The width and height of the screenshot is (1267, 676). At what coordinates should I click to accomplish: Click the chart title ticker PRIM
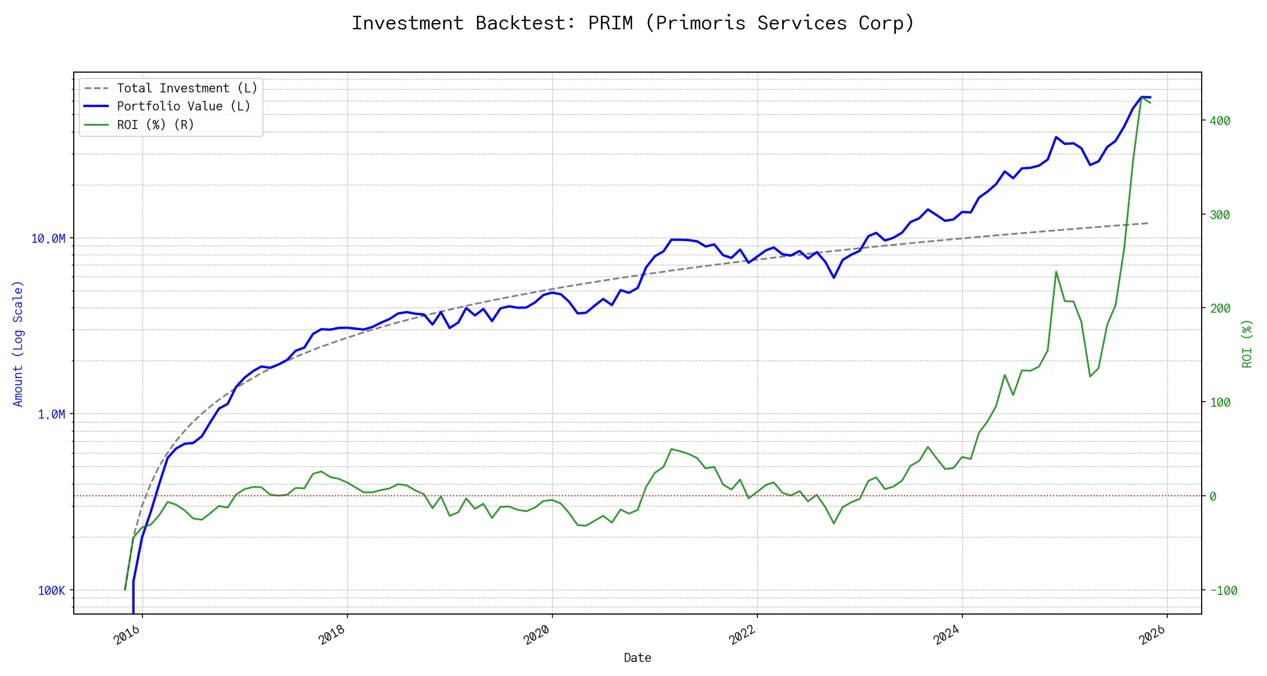610,23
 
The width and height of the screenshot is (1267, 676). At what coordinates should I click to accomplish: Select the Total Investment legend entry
186,88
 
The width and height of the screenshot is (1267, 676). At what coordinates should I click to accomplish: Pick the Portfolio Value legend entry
183,106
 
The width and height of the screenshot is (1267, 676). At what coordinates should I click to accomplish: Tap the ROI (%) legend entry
155,124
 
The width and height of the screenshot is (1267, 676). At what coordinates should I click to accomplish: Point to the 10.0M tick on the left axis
48,238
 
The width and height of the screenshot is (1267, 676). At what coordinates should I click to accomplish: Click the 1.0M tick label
51,414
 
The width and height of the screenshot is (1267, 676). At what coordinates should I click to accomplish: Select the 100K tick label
51,590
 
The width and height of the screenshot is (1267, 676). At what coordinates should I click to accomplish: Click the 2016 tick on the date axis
128,635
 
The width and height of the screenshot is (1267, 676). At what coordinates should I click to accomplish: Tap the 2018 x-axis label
333,635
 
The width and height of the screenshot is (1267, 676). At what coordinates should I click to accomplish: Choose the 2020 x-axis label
538,635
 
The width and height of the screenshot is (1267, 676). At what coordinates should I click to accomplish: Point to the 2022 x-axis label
743,635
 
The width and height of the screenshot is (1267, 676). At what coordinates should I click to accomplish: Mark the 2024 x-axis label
948,635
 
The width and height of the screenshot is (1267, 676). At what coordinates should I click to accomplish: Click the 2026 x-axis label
1153,635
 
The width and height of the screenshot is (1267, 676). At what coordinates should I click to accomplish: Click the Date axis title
637,657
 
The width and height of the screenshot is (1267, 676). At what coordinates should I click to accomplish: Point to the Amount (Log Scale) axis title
18,344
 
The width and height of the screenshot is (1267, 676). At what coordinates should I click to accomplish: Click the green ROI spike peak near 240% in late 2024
1056,272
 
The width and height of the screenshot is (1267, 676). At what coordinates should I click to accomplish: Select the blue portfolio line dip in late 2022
834,278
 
